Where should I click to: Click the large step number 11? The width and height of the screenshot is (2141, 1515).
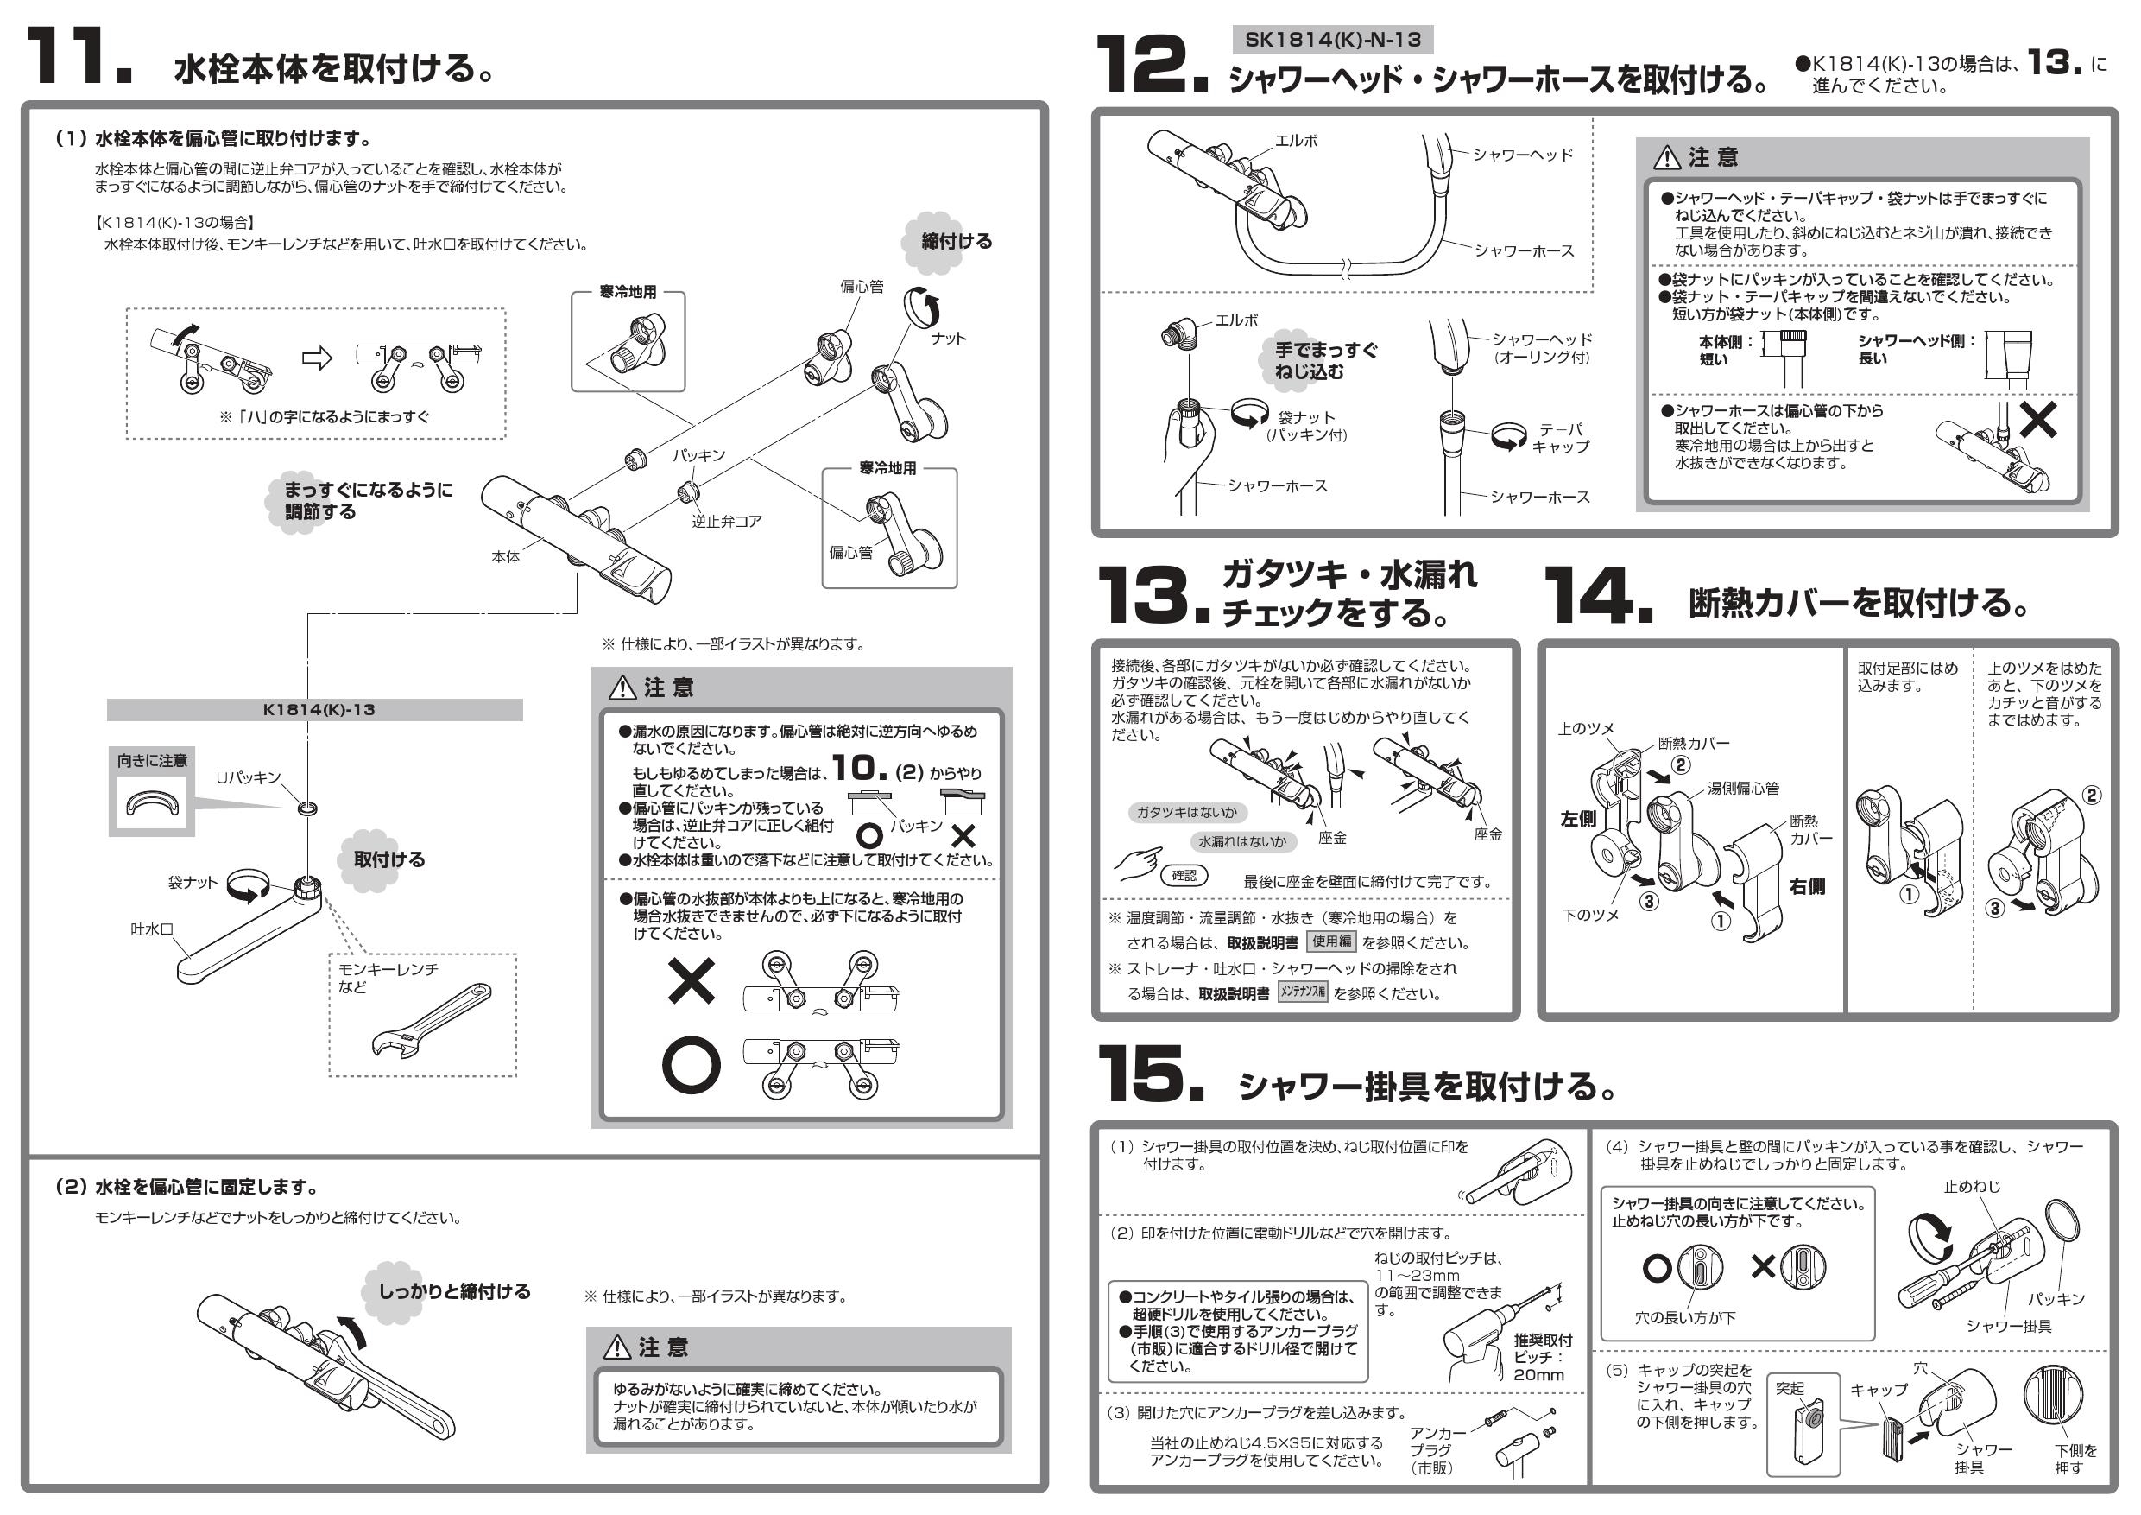click(x=79, y=58)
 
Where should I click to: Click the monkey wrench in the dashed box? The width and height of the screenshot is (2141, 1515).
click(x=432, y=1019)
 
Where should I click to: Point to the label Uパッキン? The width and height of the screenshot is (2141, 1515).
click(x=248, y=777)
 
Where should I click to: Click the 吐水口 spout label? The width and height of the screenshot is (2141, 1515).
click(x=152, y=929)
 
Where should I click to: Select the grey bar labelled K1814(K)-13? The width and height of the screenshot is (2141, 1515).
click(x=315, y=710)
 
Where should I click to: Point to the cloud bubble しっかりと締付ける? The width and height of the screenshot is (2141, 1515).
click(x=452, y=1291)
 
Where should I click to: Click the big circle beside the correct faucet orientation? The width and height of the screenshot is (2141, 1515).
click(x=691, y=1064)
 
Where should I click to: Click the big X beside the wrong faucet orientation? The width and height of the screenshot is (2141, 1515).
click(x=692, y=980)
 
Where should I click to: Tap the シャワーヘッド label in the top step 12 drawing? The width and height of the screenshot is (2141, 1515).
click(x=1523, y=155)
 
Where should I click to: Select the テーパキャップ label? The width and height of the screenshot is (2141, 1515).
click(x=1560, y=438)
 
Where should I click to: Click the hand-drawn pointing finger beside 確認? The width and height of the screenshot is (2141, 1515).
click(x=1139, y=863)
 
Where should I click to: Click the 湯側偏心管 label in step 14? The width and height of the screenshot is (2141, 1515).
click(x=1743, y=789)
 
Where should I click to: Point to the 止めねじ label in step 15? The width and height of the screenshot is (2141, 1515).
click(x=1971, y=1187)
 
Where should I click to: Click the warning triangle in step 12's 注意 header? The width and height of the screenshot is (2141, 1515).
click(x=1666, y=158)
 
